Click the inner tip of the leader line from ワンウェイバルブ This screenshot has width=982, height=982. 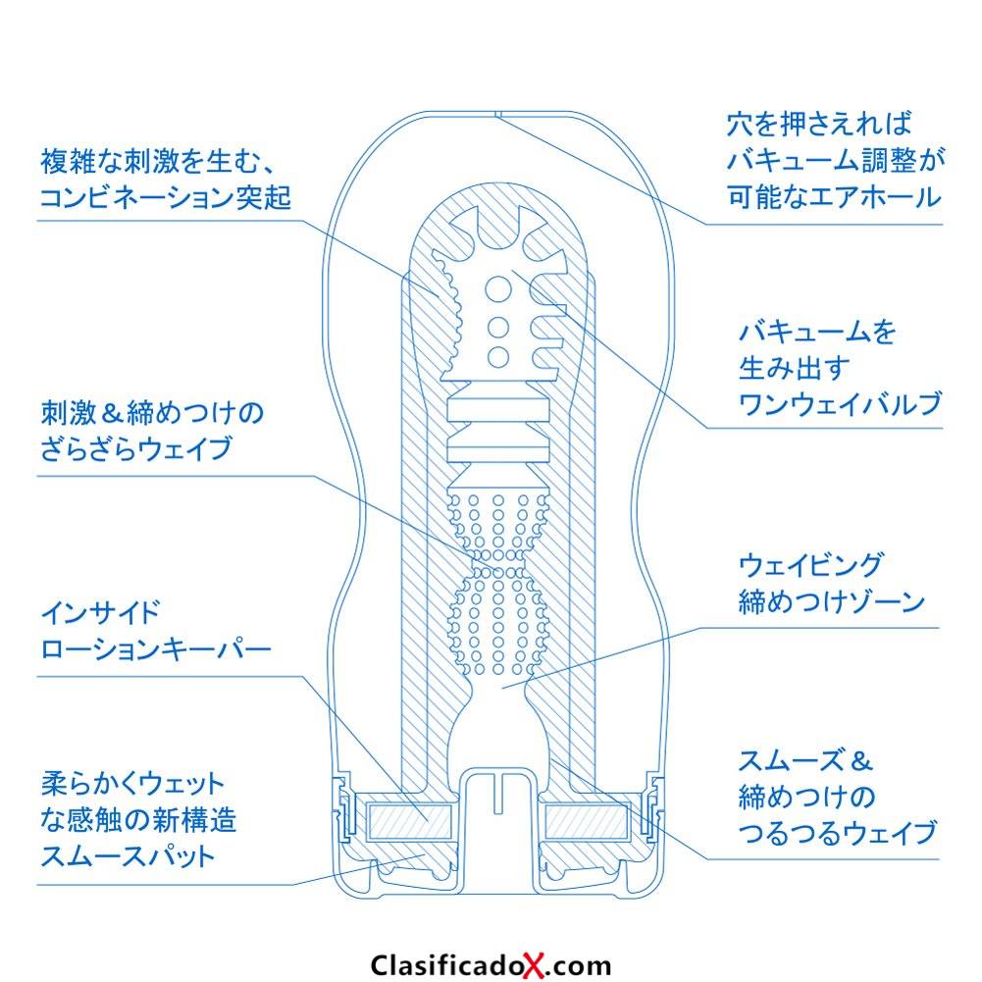pos(512,271)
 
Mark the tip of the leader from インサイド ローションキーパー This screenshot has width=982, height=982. pos(427,820)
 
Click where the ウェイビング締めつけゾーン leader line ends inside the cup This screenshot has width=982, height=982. pos(502,688)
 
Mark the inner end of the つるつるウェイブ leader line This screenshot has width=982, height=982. pos(551,759)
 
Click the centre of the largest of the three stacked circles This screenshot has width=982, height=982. pos(498,289)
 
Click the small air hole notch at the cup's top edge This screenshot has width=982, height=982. pos(496,114)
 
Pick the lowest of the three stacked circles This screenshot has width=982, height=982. pos(498,357)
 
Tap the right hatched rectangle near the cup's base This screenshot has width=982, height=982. pos(587,821)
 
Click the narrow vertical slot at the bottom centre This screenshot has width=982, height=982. pos(498,794)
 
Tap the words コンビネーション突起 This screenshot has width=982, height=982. pos(166,198)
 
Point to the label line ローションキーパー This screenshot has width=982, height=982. pos(156,648)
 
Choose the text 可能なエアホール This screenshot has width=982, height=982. pos(834,197)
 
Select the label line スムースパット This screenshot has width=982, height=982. pos(129,856)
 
